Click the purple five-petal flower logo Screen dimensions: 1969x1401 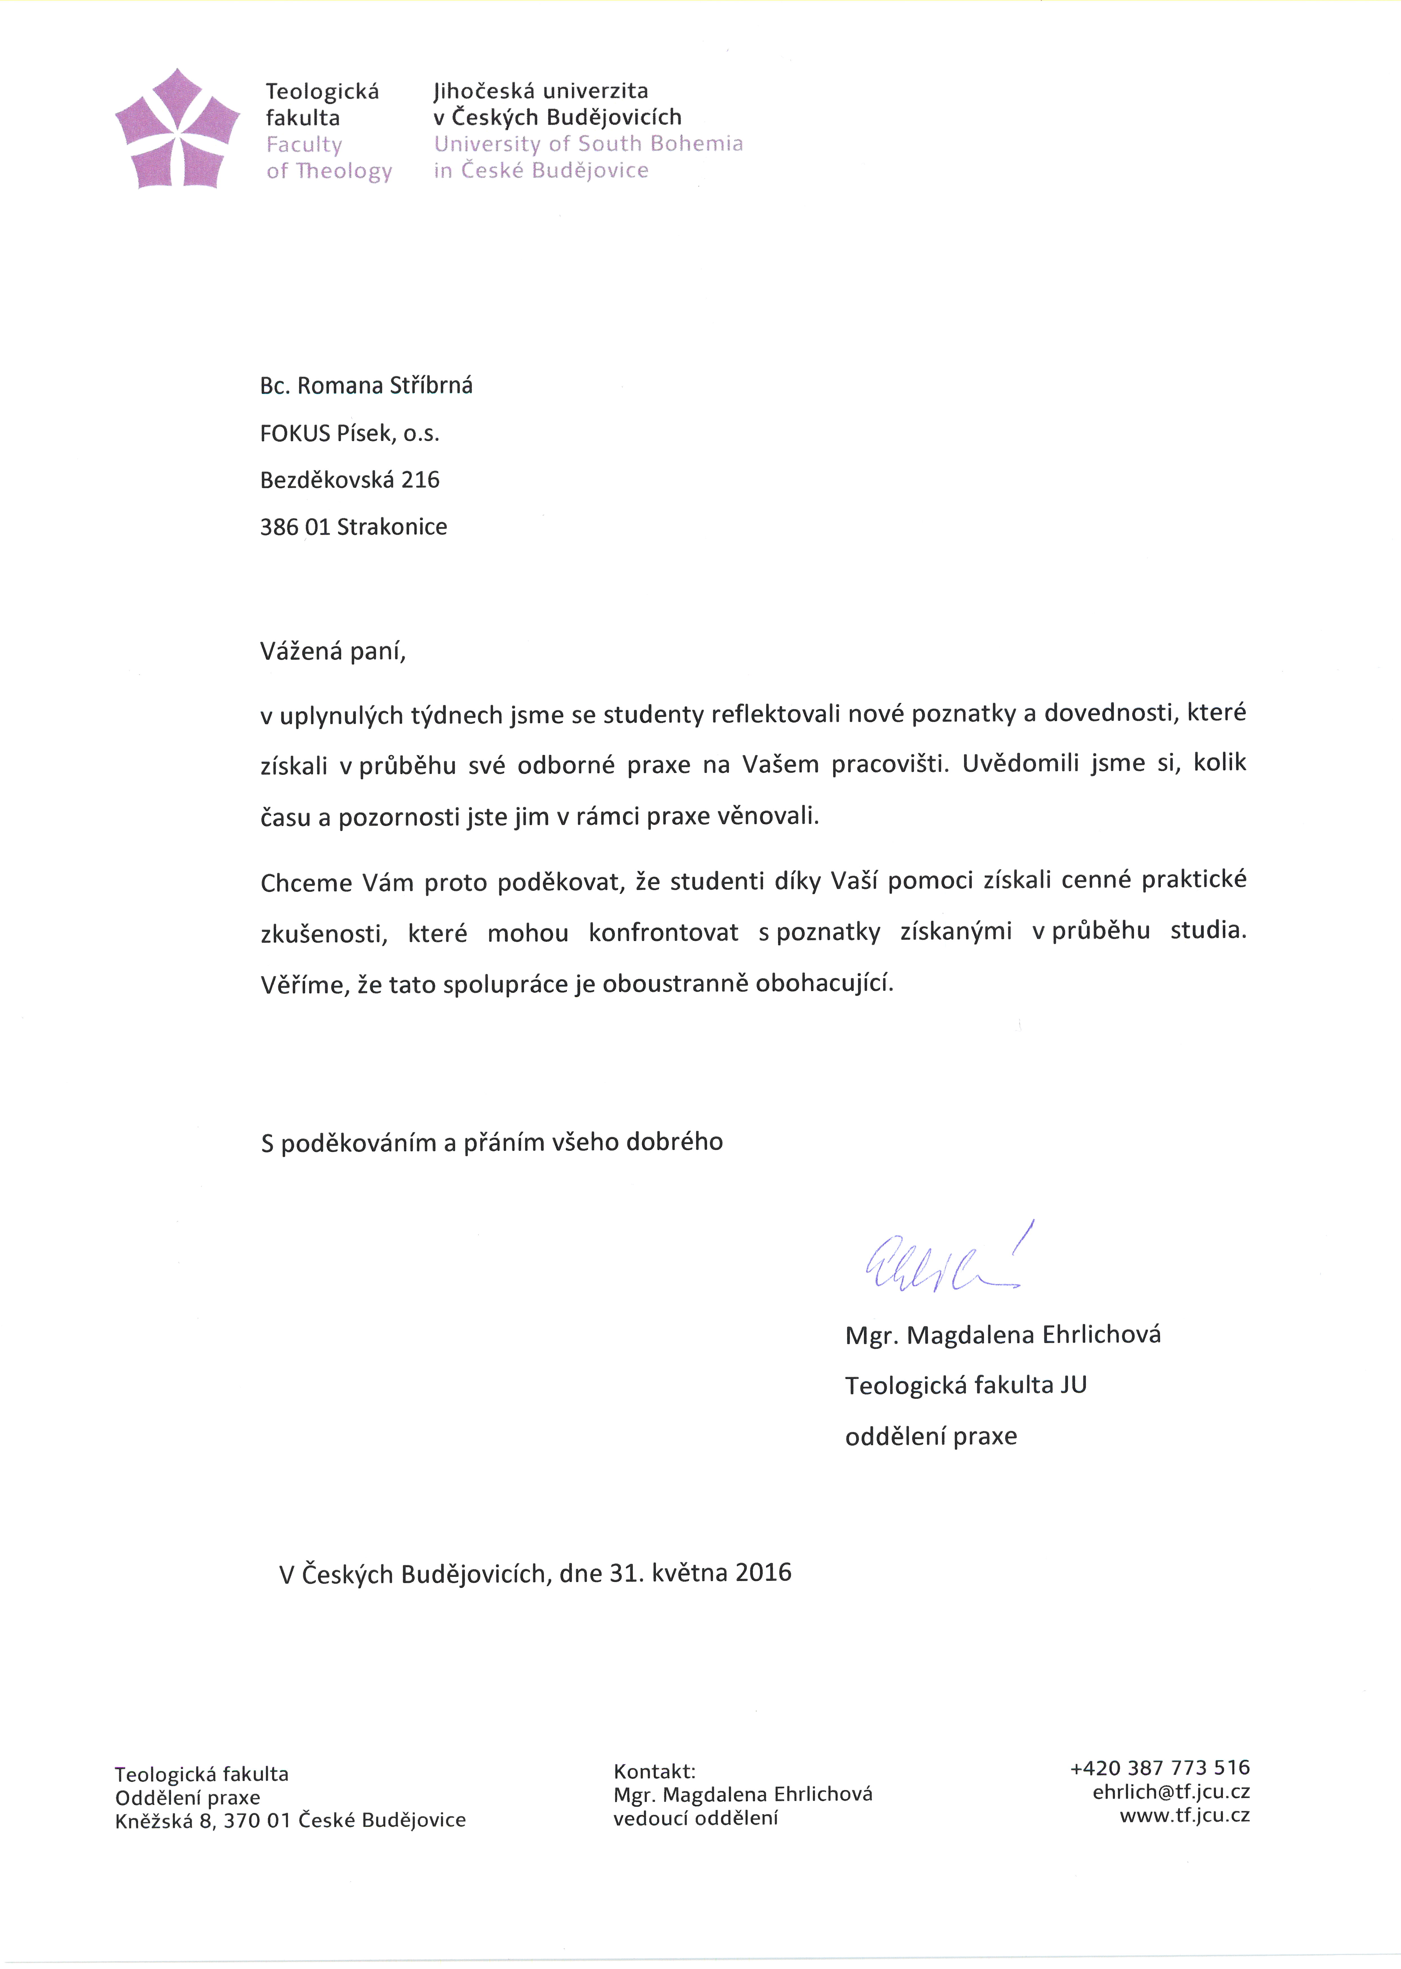[x=178, y=130]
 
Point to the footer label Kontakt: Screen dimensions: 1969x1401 [x=654, y=1771]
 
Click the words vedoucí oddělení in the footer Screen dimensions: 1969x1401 [x=695, y=1818]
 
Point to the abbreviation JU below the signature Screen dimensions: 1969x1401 [x=1074, y=1385]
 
